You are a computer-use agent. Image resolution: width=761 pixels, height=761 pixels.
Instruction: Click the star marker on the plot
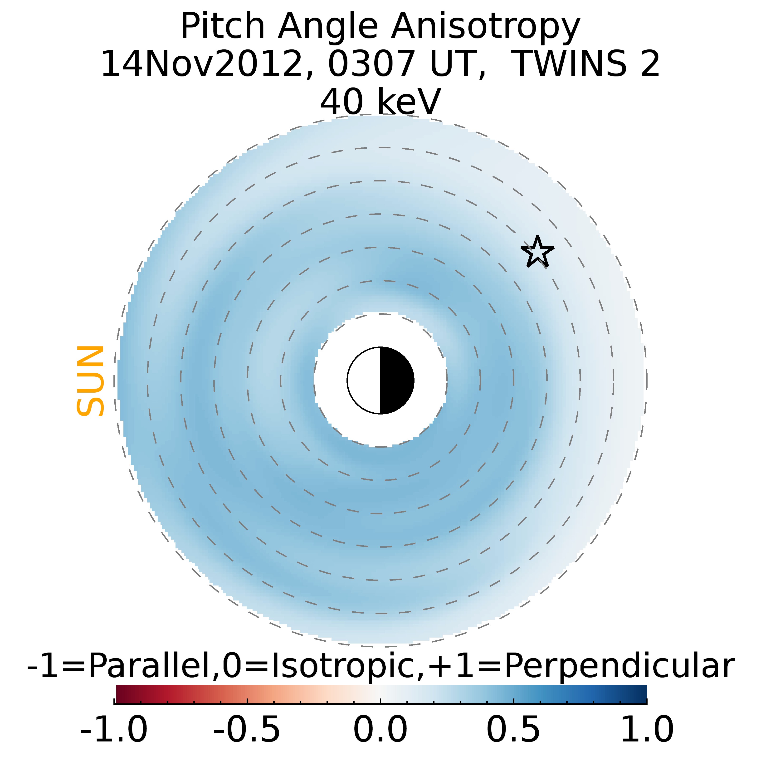pyautogui.click(x=537, y=252)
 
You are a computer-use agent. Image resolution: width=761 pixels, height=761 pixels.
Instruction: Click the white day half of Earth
pyautogui.click(x=364, y=380)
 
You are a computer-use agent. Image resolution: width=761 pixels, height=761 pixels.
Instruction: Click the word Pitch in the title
pyautogui.click(x=223, y=27)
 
